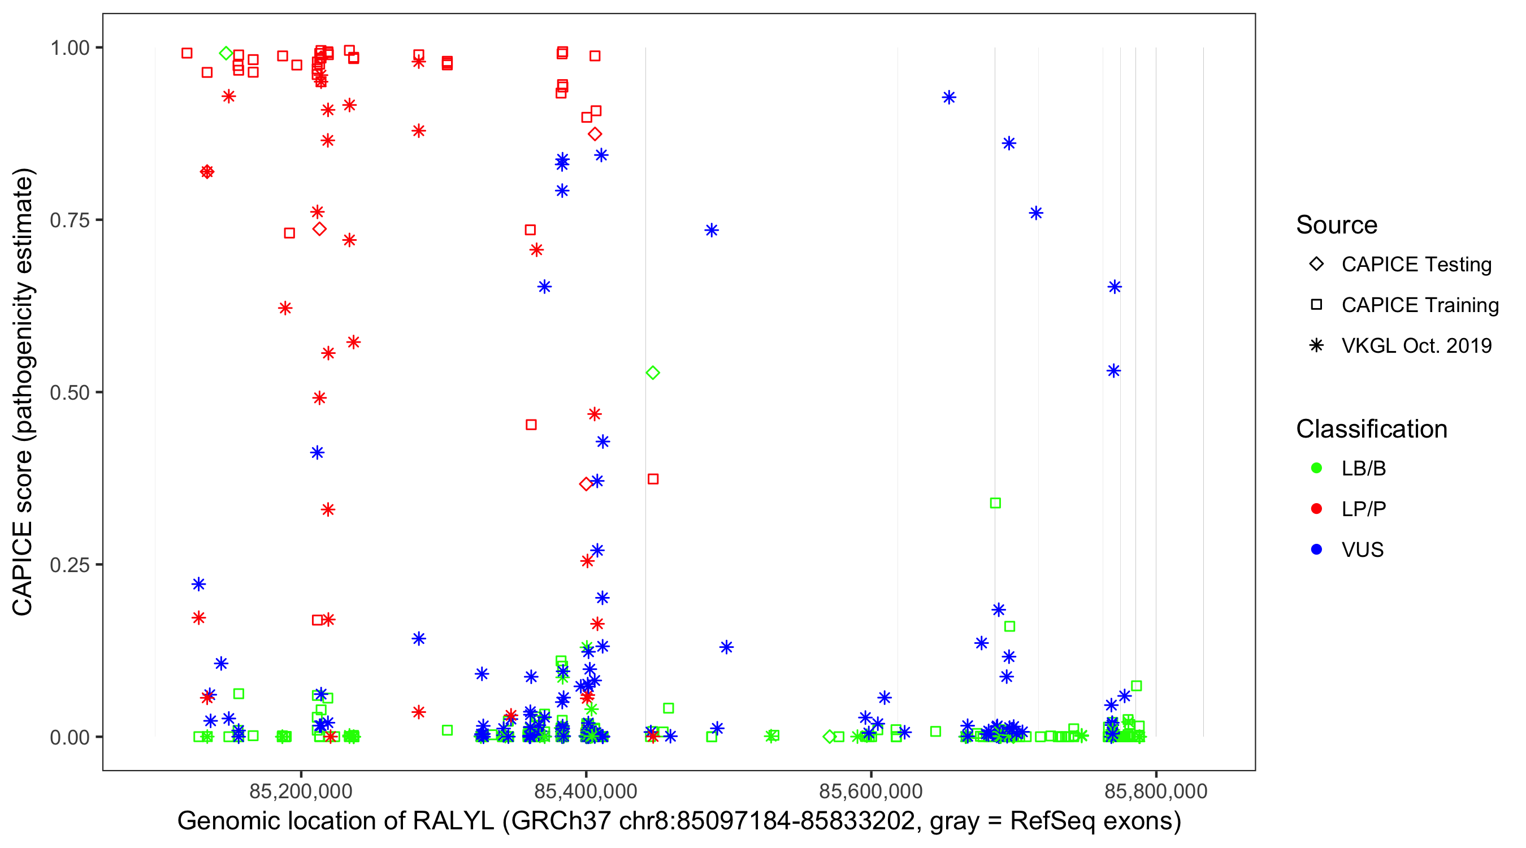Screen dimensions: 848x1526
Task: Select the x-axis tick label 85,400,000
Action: coord(586,791)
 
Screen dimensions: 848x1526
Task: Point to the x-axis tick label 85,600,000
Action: coord(871,791)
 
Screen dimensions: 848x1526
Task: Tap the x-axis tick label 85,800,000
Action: coord(1156,791)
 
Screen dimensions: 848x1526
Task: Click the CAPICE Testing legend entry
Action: coord(1416,265)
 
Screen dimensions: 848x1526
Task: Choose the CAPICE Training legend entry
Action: coord(1420,305)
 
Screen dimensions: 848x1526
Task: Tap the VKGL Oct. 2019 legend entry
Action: coord(1416,346)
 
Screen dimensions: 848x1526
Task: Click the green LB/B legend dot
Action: coord(1317,468)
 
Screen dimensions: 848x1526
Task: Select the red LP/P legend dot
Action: coord(1317,509)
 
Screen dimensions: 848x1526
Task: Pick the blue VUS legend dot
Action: coord(1317,550)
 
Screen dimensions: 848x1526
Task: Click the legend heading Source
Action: coord(1337,225)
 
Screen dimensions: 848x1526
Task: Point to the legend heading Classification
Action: coord(1371,429)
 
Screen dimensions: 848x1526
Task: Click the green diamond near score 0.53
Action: coord(653,373)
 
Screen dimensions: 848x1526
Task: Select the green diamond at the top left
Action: coord(226,53)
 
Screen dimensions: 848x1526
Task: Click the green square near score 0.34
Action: coord(996,503)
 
